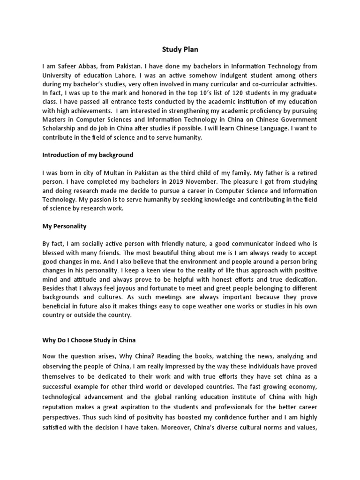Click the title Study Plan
180,49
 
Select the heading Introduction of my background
88,155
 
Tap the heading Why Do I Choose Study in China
89,339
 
